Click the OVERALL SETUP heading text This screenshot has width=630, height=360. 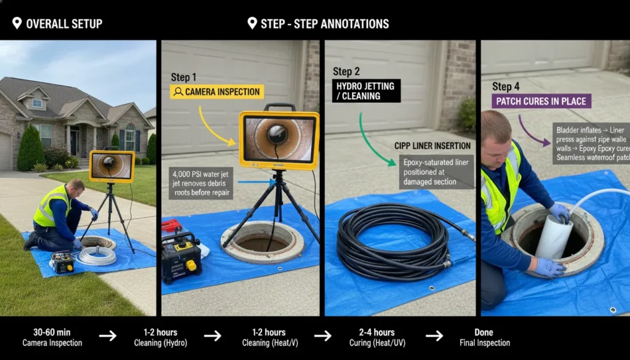click(x=64, y=24)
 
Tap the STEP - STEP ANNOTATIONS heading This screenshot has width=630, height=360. click(x=325, y=24)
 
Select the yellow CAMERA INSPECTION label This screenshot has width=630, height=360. click(x=217, y=92)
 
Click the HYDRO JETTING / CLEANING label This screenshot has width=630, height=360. click(x=366, y=90)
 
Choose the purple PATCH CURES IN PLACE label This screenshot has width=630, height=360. click(x=541, y=101)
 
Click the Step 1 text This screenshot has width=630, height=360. click(x=184, y=78)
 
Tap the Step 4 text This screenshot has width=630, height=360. click(x=506, y=87)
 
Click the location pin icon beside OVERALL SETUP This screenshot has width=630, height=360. click(x=17, y=24)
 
